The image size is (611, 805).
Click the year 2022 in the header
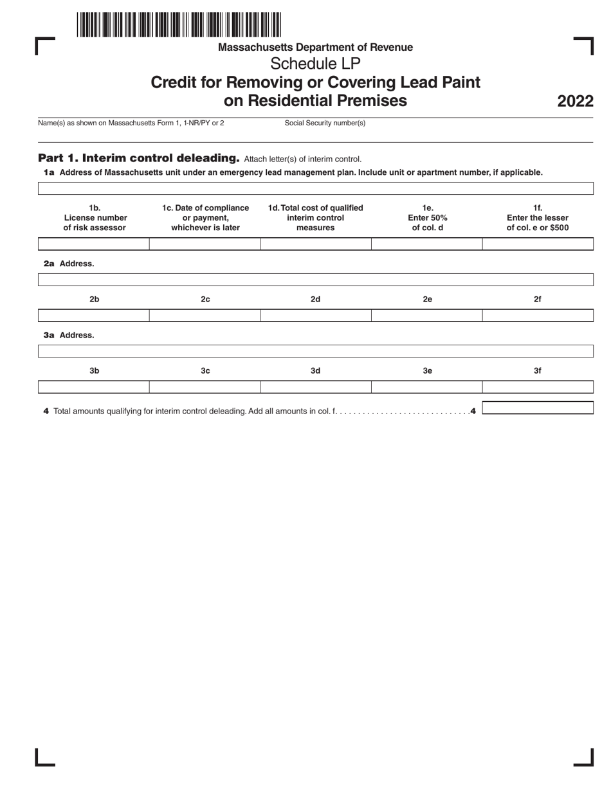tap(574, 102)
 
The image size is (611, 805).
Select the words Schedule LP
tap(315, 64)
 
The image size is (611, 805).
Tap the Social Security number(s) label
tap(325, 123)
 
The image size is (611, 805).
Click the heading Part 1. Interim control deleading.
tap(139, 158)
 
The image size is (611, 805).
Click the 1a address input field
tap(315, 188)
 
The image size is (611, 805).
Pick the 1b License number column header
tap(95, 217)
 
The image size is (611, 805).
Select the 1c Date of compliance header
tap(205, 217)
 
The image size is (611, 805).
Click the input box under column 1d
tap(315, 244)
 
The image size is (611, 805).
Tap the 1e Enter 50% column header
tap(427, 217)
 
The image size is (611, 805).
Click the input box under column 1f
tap(537, 244)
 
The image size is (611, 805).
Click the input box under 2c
tap(205, 315)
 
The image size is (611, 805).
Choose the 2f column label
tap(538, 299)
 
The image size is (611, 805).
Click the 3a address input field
tap(315, 351)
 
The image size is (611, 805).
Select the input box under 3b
tap(94, 387)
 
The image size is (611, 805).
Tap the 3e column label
tap(427, 371)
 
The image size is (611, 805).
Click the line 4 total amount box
tap(537, 408)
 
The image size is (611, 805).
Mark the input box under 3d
tap(315, 387)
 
